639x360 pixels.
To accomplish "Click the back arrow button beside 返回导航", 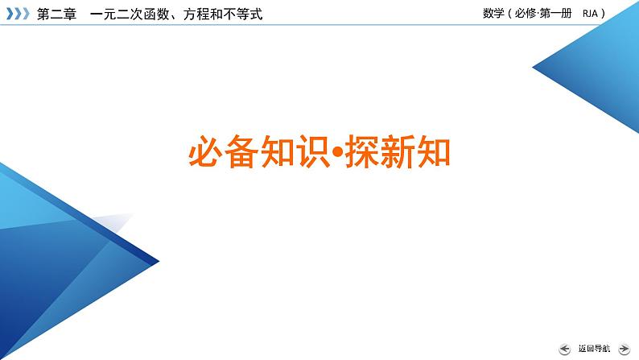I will [563, 349].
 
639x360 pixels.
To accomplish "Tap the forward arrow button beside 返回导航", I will [624, 349].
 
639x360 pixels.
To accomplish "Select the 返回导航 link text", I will [593, 349].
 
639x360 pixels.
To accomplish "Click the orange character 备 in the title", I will [244, 151].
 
